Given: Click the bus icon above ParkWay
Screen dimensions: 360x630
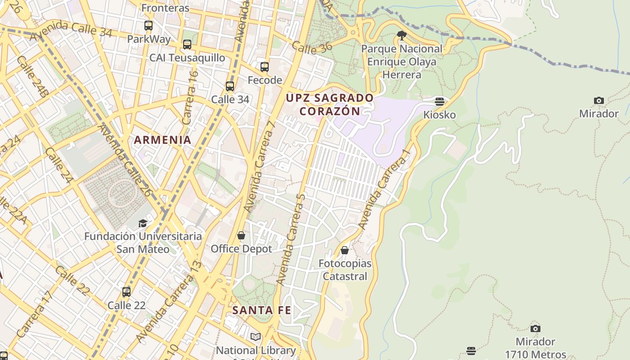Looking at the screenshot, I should [148, 26].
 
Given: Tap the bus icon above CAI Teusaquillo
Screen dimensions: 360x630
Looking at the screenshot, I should [187, 45].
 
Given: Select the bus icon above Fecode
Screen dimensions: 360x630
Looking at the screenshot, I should [265, 67].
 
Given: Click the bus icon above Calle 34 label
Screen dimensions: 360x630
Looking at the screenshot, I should [230, 86].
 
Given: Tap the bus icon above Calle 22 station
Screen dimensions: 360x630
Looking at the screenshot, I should [126, 292].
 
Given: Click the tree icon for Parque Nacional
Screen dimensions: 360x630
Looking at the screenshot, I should [402, 35].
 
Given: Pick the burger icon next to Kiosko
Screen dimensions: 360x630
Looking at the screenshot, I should [440, 101].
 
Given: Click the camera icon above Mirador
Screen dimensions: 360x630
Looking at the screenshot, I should [598, 100].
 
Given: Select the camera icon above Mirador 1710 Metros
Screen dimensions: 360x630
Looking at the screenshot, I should [535, 328].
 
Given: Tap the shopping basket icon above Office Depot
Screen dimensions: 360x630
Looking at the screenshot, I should [241, 235].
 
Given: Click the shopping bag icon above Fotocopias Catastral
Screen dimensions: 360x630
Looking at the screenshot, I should [345, 250].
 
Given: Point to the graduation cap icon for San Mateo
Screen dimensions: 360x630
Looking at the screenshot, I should [143, 223].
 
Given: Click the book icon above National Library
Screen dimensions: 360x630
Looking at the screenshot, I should [256, 337].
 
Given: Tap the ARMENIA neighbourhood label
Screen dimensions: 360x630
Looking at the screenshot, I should [163, 140].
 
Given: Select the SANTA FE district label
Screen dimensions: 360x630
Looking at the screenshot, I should [261, 310].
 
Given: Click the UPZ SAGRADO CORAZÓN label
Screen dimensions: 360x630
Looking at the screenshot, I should [330, 104].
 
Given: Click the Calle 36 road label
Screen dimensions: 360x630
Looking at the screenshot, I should [311, 46].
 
